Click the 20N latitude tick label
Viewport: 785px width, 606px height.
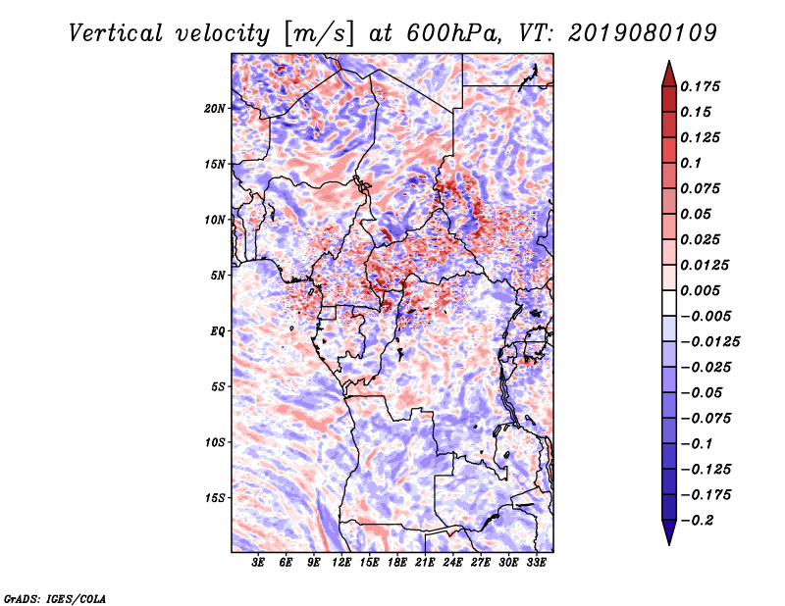[x=215, y=108]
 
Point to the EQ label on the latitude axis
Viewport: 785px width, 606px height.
[x=217, y=331]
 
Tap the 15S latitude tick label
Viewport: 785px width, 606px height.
[x=215, y=498]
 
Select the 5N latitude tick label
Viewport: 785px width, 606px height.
[x=218, y=276]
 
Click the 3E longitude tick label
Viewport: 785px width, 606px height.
[x=259, y=564]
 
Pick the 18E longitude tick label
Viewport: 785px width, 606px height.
[x=397, y=564]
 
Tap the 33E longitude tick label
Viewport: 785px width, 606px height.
[x=536, y=564]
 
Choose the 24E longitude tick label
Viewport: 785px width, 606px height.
[x=452, y=564]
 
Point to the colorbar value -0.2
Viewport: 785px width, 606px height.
[x=700, y=520]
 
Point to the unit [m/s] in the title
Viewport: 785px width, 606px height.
[x=319, y=32]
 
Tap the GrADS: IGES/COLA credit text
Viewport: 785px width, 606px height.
[x=54, y=597]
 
